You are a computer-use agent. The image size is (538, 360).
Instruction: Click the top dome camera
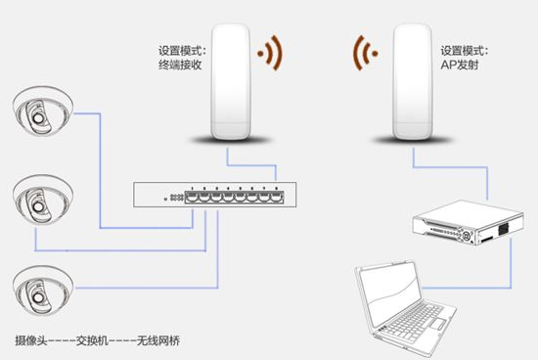click(x=43, y=111)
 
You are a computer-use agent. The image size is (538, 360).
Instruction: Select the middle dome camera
click(x=43, y=200)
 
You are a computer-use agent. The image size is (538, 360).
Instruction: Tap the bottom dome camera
click(x=43, y=291)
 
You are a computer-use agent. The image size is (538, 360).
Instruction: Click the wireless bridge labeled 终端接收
click(x=230, y=81)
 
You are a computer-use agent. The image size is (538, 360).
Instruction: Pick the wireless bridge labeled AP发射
click(x=412, y=81)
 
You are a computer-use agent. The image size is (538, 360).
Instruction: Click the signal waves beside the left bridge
click(x=271, y=53)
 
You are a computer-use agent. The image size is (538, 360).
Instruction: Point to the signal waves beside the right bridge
click(x=365, y=53)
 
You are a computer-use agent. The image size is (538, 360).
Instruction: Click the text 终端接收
click(x=180, y=65)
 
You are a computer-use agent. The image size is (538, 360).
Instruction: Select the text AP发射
click(x=460, y=65)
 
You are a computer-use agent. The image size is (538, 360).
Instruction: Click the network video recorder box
click(x=468, y=223)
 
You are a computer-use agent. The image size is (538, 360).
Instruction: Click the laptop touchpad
click(x=438, y=324)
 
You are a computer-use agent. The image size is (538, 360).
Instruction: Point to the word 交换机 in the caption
click(x=92, y=340)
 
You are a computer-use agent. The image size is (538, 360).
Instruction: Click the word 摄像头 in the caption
click(x=31, y=340)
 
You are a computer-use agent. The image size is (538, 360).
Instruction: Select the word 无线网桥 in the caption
click(x=158, y=340)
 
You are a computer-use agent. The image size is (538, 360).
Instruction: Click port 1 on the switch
click(x=192, y=198)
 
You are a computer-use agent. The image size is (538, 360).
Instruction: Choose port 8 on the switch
click(x=277, y=198)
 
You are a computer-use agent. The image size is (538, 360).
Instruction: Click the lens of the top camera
click(x=37, y=118)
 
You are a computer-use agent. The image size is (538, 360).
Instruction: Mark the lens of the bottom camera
click(x=37, y=298)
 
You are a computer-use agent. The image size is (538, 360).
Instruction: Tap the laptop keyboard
click(x=412, y=321)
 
